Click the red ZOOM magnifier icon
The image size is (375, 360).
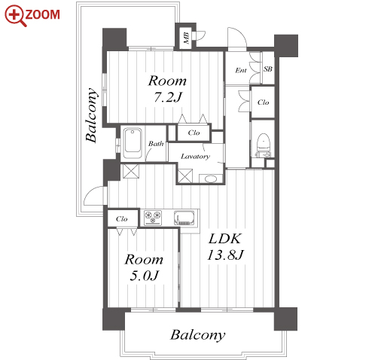[16, 16]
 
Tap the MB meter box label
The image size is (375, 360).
[186, 38]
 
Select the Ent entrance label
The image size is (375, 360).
[241, 70]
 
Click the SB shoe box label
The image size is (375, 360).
[268, 69]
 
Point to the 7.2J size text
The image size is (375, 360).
[168, 97]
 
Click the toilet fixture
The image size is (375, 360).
[263, 145]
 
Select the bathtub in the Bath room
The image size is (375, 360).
[133, 143]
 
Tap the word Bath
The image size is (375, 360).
[156, 144]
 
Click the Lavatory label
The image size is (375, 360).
[195, 157]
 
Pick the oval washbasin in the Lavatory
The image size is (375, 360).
[210, 178]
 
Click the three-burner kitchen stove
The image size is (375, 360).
[153, 218]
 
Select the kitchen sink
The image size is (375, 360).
[184, 218]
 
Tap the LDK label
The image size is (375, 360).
[225, 239]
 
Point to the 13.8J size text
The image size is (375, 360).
[225, 255]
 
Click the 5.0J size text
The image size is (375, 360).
[144, 276]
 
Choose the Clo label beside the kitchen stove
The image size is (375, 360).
[122, 219]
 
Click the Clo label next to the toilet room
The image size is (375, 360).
[263, 102]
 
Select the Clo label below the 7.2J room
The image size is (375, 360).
[194, 133]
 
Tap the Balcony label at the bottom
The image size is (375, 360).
[198, 335]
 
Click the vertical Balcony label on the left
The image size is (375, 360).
[91, 114]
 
